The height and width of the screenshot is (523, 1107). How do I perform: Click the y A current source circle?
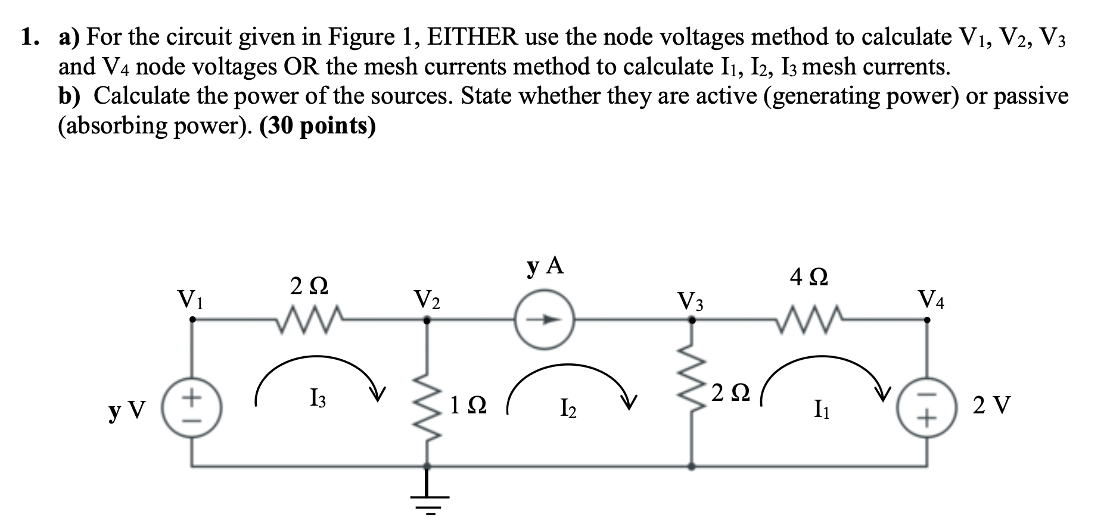click(x=545, y=320)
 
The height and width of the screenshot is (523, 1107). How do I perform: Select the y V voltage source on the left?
click(x=192, y=409)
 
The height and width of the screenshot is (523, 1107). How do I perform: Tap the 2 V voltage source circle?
click(x=926, y=409)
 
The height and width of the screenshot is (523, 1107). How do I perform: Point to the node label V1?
click(x=191, y=298)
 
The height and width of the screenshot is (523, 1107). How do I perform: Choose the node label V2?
click(x=427, y=298)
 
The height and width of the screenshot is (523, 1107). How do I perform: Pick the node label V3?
click(x=691, y=301)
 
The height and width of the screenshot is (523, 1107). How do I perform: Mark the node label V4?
click(x=931, y=298)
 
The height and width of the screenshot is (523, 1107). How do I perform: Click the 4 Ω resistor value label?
click(x=809, y=278)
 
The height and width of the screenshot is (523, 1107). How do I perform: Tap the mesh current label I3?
click(x=318, y=397)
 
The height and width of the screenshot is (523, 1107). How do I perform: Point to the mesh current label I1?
click(x=821, y=409)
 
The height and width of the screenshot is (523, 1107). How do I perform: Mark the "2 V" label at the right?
click(x=991, y=406)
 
